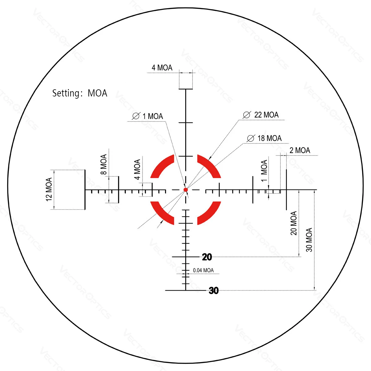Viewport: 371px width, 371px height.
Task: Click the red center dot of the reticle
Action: (185, 190)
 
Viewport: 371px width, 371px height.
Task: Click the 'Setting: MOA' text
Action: (80, 93)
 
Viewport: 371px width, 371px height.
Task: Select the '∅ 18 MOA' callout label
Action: (264, 139)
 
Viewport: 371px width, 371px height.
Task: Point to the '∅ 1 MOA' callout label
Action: (147, 117)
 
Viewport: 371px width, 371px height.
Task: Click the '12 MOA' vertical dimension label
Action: (49, 190)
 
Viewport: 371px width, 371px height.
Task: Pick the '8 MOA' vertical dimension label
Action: (104, 164)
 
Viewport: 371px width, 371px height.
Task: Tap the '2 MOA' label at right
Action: (300, 151)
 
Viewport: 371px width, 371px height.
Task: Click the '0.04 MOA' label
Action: (203, 271)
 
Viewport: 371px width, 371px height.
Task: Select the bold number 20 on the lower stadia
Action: (207, 257)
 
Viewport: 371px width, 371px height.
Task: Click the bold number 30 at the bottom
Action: (214, 291)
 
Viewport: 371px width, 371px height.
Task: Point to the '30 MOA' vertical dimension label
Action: (309, 240)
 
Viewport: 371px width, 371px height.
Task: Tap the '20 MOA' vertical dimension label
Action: (293, 223)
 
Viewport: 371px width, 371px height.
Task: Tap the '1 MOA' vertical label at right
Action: (264, 171)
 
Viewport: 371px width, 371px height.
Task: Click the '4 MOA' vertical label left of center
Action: (137, 169)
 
